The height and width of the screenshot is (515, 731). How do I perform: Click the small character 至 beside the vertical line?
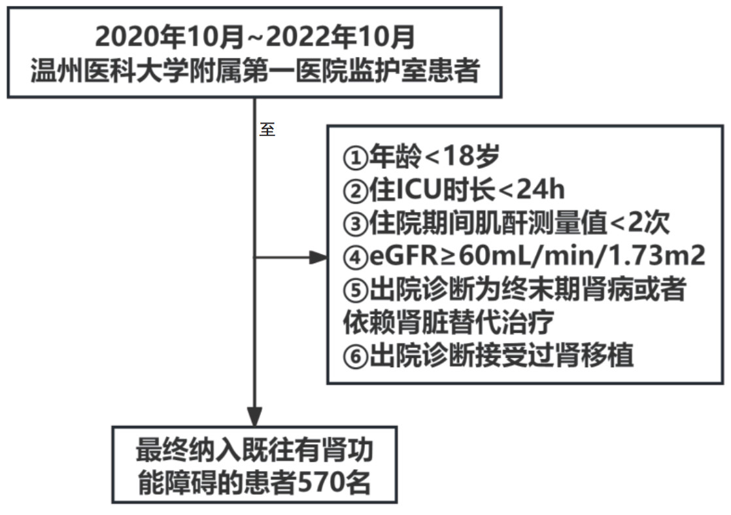pyautogui.click(x=267, y=129)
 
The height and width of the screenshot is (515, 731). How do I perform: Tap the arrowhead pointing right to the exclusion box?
pyautogui.click(x=318, y=257)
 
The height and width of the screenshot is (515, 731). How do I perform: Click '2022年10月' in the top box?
pyautogui.click(x=341, y=37)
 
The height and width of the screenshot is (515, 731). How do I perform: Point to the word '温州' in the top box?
pyautogui.click(x=56, y=70)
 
